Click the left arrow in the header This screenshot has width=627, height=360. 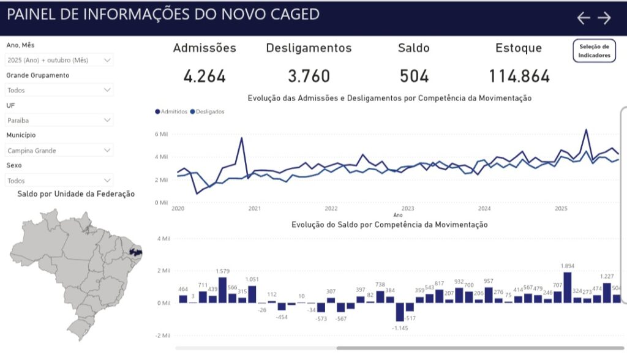pyautogui.click(x=584, y=18)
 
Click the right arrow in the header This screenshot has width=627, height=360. pyautogui.click(x=604, y=18)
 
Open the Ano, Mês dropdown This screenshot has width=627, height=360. pyautogui.click(x=59, y=60)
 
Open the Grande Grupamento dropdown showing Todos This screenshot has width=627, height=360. pyautogui.click(x=59, y=90)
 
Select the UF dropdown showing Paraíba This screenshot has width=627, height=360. pyautogui.click(x=59, y=121)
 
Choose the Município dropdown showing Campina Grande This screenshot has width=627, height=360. pyautogui.click(x=59, y=150)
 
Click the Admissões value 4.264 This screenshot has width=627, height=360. pyautogui.click(x=205, y=77)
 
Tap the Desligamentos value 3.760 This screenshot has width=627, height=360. pyautogui.click(x=309, y=77)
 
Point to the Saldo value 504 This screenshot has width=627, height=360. pyautogui.click(x=414, y=77)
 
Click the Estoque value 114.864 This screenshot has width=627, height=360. pyautogui.click(x=519, y=77)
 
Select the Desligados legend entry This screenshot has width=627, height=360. pyautogui.click(x=208, y=112)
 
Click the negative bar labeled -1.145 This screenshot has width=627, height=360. pyautogui.click(x=399, y=312)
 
